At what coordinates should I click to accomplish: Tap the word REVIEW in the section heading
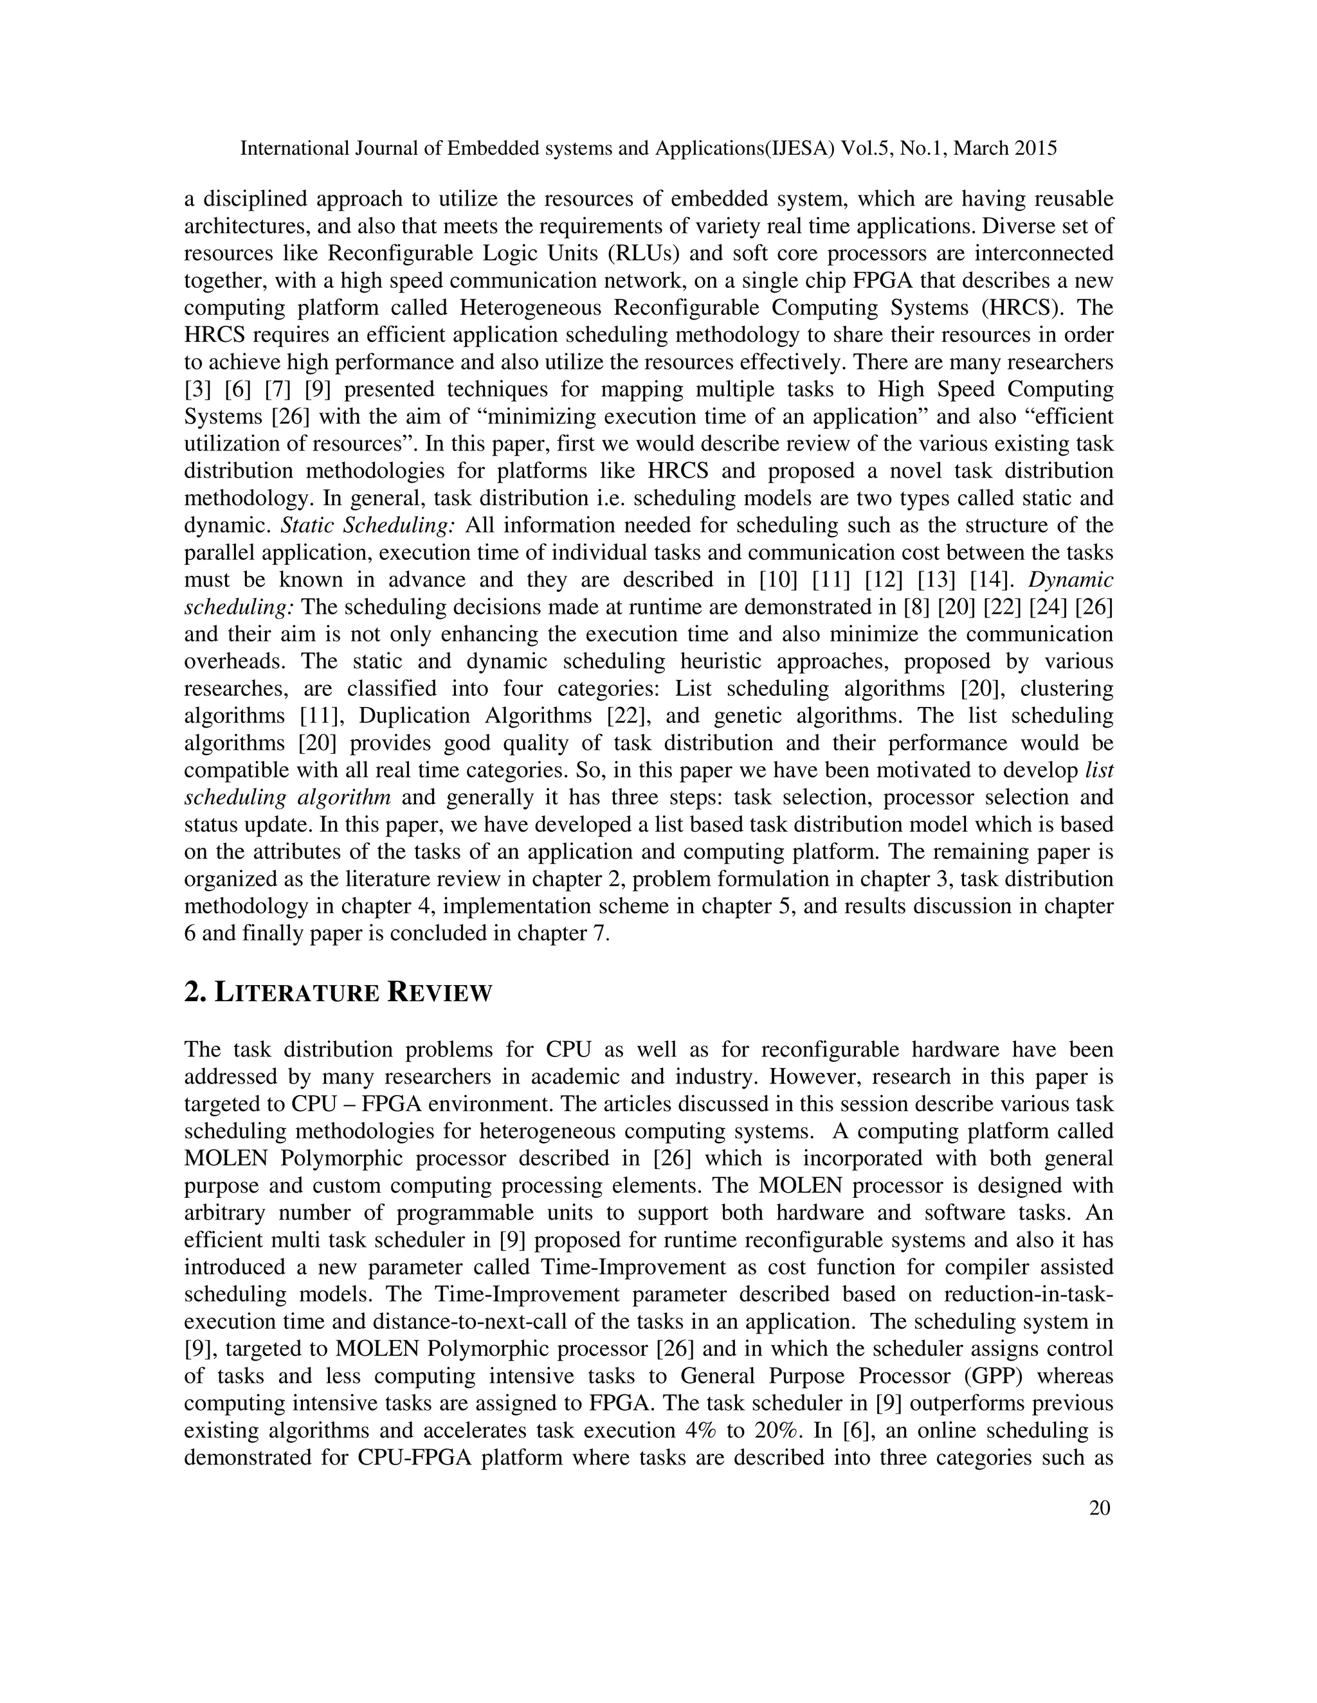point(440,994)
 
